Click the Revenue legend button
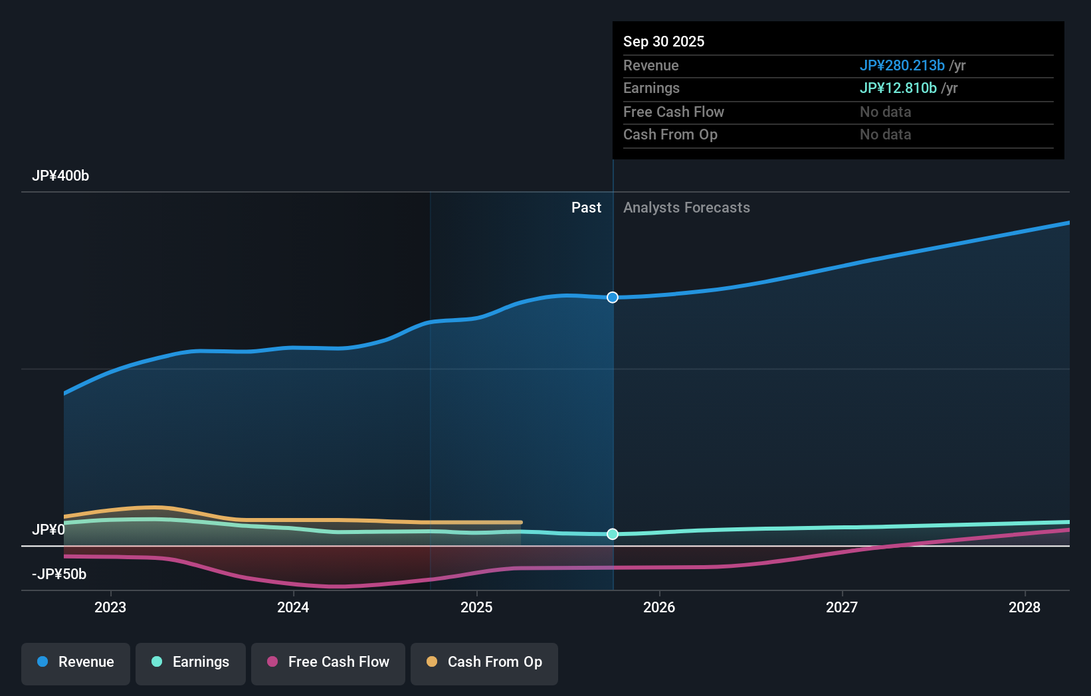click(x=76, y=662)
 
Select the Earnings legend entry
click(x=191, y=662)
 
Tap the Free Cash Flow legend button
click(x=328, y=662)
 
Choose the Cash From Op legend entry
click(x=484, y=662)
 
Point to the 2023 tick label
click(x=110, y=607)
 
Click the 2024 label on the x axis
click(x=293, y=607)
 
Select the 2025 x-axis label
click(x=476, y=607)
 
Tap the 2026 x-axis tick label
click(x=659, y=607)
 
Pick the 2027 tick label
click(x=842, y=607)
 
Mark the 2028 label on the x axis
click(x=1025, y=607)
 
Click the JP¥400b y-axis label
click(x=60, y=176)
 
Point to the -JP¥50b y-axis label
click(x=59, y=574)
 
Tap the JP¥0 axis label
click(x=49, y=530)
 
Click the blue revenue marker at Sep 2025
click(x=613, y=298)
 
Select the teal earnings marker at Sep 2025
click(x=613, y=534)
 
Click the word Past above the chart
click(x=586, y=208)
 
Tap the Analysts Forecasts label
click(x=686, y=208)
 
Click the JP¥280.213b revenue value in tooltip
click(x=902, y=66)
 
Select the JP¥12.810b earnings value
click(x=898, y=88)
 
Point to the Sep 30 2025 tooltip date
click(x=664, y=42)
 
